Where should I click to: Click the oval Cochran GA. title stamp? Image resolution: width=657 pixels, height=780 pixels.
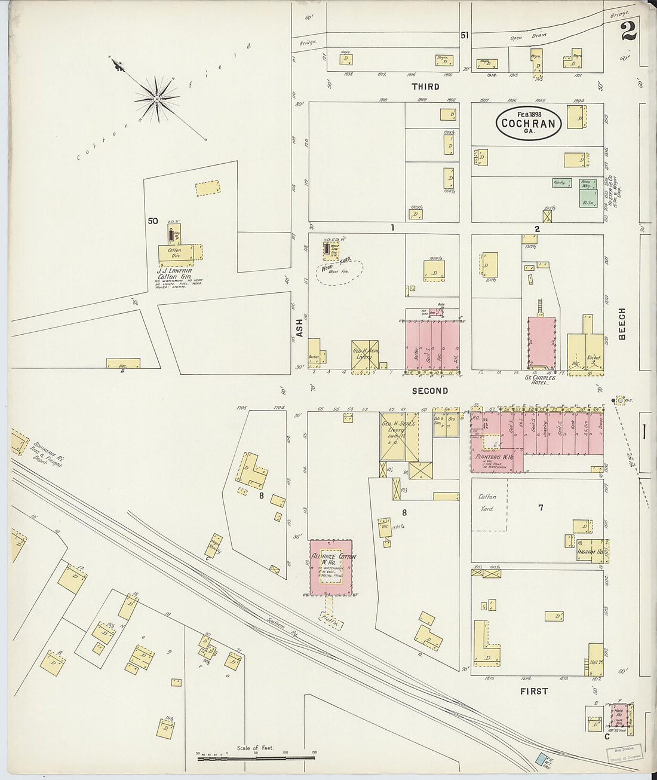(x=529, y=124)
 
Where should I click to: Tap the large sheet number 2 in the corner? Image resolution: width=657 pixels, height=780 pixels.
(x=628, y=30)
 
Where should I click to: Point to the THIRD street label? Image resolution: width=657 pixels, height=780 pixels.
(x=425, y=87)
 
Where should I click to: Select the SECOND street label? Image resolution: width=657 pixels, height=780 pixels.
(x=429, y=391)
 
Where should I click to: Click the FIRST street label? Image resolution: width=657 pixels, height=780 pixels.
(x=533, y=691)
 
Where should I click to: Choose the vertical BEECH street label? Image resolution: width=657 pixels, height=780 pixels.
(x=622, y=324)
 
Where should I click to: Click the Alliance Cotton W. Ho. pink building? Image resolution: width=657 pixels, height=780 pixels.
(x=331, y=567)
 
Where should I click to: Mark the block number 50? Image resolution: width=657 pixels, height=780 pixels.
(x=153, y=221)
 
